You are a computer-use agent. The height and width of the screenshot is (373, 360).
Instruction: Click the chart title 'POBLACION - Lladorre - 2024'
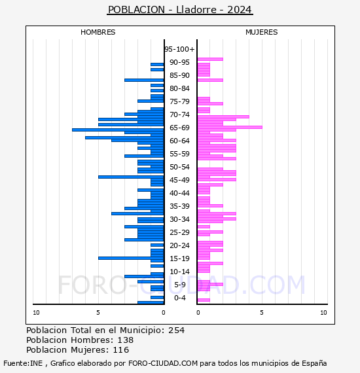(x=180, y=10)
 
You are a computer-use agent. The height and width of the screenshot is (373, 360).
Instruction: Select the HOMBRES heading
(x=98, y=32)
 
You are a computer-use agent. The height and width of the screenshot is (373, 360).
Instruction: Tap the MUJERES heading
(x=262, y=32)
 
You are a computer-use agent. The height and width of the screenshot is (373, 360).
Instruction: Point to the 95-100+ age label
(x=179, y=49)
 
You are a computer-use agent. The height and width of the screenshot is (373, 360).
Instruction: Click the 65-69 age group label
(x=179, y=128)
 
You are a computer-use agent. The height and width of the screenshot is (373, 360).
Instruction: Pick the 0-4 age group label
(x=180, y=298)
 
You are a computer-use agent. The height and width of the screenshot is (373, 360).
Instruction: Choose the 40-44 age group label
(x=179, y=193)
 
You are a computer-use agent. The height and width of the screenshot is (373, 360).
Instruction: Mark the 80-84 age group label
(x=179, y=88)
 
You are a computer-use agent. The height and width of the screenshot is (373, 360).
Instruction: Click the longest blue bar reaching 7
(x=118, y=130)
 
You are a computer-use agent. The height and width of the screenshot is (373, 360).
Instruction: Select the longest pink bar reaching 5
(x=230, y=127)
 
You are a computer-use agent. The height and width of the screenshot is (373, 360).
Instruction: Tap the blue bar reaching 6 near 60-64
(x=124, y=137)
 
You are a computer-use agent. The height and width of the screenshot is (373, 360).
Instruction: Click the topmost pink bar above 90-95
(x=210, y=60)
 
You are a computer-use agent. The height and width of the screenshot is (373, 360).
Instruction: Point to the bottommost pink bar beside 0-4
(x=204, y=300)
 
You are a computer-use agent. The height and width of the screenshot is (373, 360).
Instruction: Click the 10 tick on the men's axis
(x=36, y=313)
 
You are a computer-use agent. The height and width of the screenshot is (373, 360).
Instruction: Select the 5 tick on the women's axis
(x=262, y=313)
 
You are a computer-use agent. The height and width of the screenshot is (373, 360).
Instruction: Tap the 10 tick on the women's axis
(x=323, y=313)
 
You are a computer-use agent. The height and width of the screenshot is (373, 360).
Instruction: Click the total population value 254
(x=176, y=330)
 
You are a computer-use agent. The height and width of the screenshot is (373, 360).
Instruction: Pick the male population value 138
(x=126, y=340)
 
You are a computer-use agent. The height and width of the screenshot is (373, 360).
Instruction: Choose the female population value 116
(x=121, y=349)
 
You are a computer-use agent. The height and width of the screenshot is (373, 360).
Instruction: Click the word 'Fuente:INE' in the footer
(x=23, y=363)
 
